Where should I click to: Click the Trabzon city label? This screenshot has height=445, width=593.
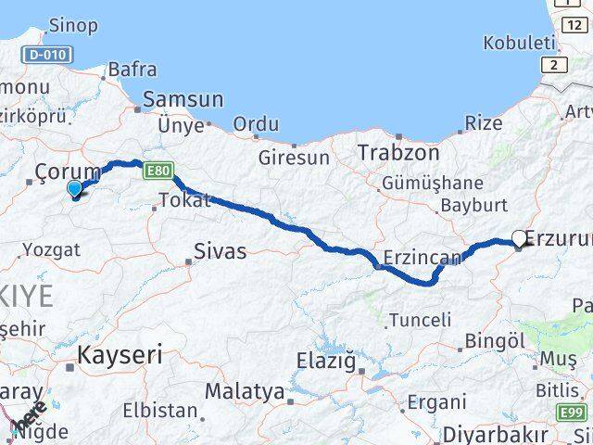(x=399, y=153)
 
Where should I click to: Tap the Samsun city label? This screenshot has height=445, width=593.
(x=183, y=100)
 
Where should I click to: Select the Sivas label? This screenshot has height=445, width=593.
(x=220, y=250)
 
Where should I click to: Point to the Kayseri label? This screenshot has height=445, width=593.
(x=120, y=354)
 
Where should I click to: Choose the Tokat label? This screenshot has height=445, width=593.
(x=185, y=200)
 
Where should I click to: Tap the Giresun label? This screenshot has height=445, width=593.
(x=294, y=158)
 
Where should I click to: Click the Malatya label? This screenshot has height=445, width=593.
(x=244, y=392)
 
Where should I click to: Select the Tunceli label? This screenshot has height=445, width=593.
(x=420, y=321)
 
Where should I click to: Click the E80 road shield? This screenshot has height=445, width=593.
(x=158, y=171)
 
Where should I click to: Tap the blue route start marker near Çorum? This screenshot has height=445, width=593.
(x=75, y=189)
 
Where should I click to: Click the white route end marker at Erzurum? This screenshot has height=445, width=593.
(x=519, y=238)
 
